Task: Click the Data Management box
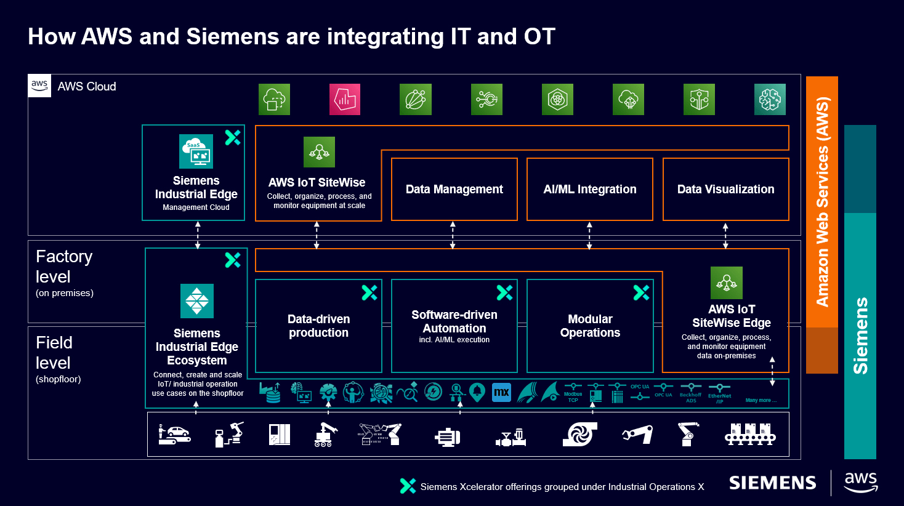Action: click(x=454, y=190)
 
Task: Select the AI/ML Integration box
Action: click(x=589, y=190)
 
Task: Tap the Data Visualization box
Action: click(x=725, y=190)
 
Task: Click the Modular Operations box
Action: click(x=590, y=326)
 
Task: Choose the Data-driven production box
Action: click(x=318, y=326)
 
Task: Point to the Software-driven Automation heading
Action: click(x=454, y=321)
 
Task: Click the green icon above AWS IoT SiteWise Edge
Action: click(x=726, y=283)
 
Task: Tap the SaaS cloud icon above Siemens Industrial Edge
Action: click(x=196, y=151)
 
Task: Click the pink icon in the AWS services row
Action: click(x=344, y=99)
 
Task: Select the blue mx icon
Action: click(x=501, y=392)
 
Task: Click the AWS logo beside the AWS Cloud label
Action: click(x=39, y=86)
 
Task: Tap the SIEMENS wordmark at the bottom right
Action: click(x=772, y=483)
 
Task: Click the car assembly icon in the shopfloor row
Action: click(x=174, y=434)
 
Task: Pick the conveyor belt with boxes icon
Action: click(x=749, y=434)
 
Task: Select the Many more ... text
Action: click(x=761, y=400)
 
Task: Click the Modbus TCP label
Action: click(x=573, y=397)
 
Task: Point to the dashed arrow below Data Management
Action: click(x=453, y=235)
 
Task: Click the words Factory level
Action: click(x=64, y=267)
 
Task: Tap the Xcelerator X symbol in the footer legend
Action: click(x=407, y=486)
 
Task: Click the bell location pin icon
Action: click(x=477, y=392)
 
